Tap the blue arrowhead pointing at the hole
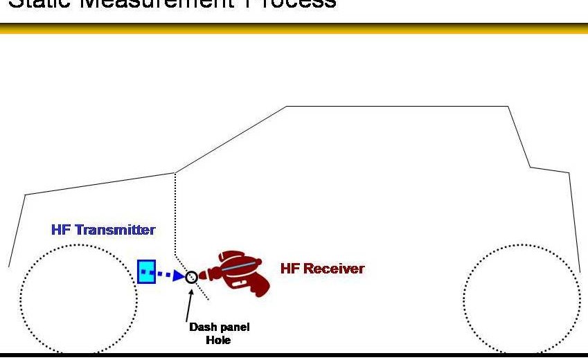tap(178, 276)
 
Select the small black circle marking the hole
tap(191, 277)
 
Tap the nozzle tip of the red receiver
tap(202, 276)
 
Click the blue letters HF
tap(61, 230)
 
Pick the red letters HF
tap(289, 269)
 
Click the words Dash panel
tap(219, 327)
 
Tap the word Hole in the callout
tap(219, 340)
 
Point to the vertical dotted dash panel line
tap(176, 215)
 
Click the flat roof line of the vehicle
tap(398, 107)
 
